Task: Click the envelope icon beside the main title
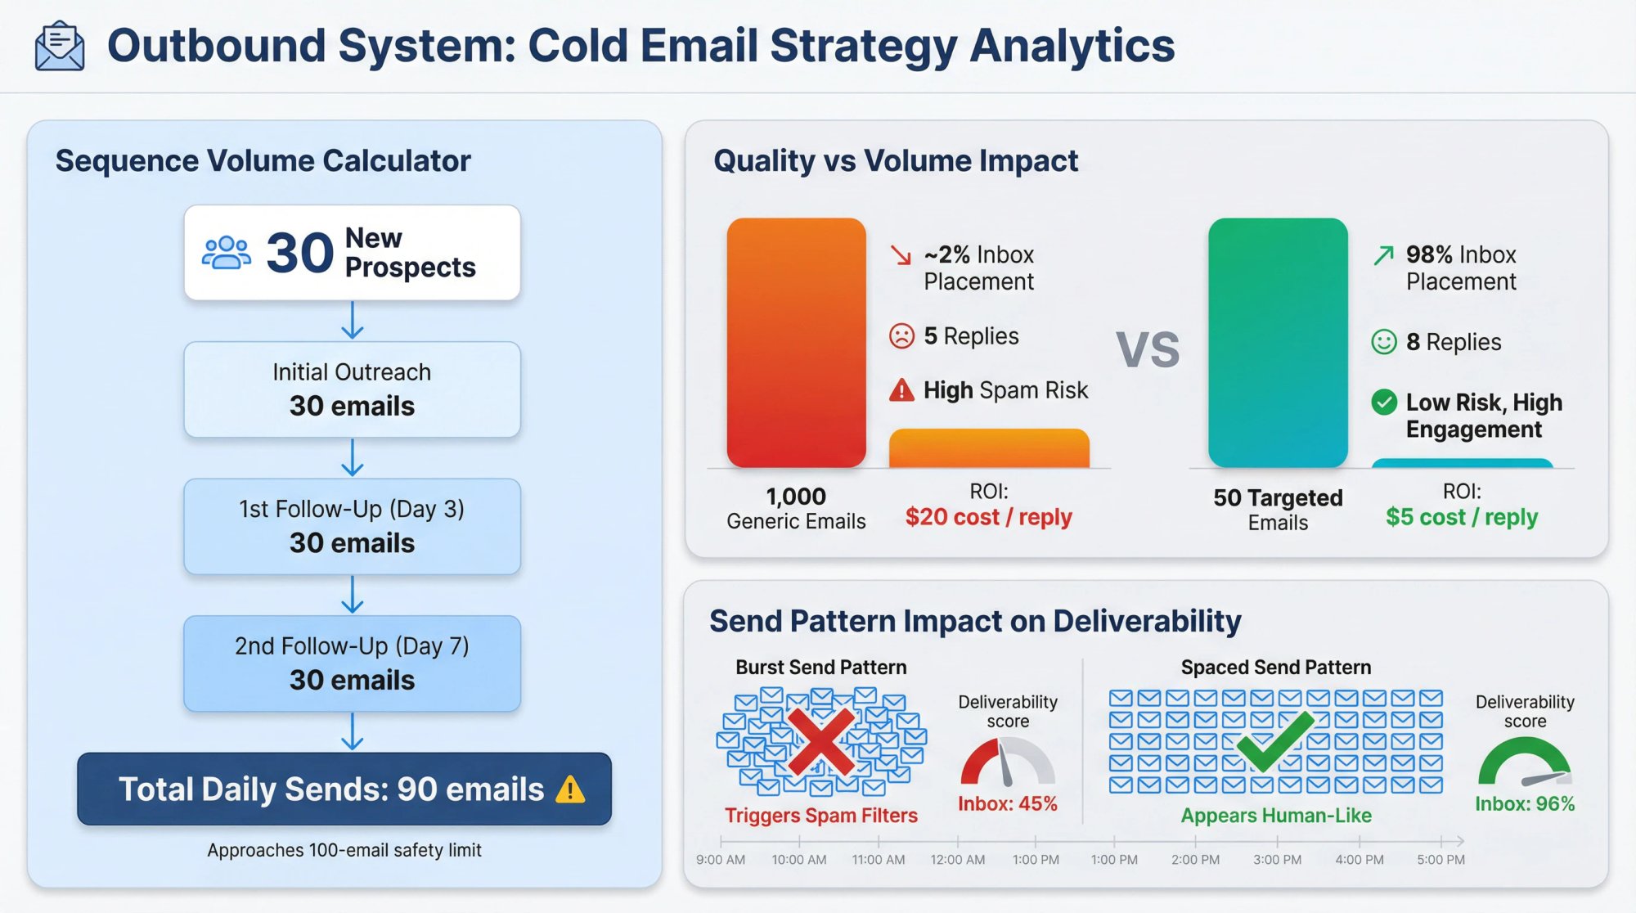click(59, 47)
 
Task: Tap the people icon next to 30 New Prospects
click(226, 253)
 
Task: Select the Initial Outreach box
click(352, 389)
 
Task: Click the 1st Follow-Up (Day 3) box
click(352, 526)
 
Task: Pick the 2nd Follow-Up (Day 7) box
click(352, 663)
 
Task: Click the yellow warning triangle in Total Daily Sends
click(569, 789)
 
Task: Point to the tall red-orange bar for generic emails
click(796, 343)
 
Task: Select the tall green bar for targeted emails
click(1277, 343)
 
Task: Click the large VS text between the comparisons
click(1148, 350)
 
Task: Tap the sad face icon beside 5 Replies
click(901, 336)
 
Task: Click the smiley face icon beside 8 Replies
click(1383, 342)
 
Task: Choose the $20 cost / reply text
click(988, 517)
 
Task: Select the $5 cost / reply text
click(1462, 517)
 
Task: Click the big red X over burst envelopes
click(821, 741)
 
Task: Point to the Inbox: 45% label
click(1008, 803)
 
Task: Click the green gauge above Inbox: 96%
click(1524, 761)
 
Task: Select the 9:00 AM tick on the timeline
click(721, 841)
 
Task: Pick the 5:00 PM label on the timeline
click(1440, 860)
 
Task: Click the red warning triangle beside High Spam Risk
click(901, 390)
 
